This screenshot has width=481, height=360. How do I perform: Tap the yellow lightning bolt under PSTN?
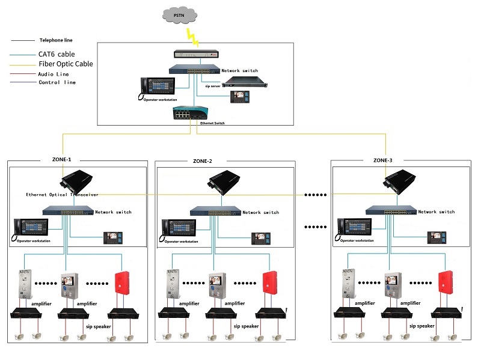point(193,35)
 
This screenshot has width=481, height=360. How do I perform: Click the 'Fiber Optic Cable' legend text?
point(66,64)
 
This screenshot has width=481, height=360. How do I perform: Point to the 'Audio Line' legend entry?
point(54,74)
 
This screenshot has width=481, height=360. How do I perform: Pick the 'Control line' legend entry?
point(57,82)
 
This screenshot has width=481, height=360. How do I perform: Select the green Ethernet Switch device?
point(189,112)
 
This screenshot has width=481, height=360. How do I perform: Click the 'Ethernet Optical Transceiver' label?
point(62,195)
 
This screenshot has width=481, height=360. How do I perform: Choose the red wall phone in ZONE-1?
point(123,285)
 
